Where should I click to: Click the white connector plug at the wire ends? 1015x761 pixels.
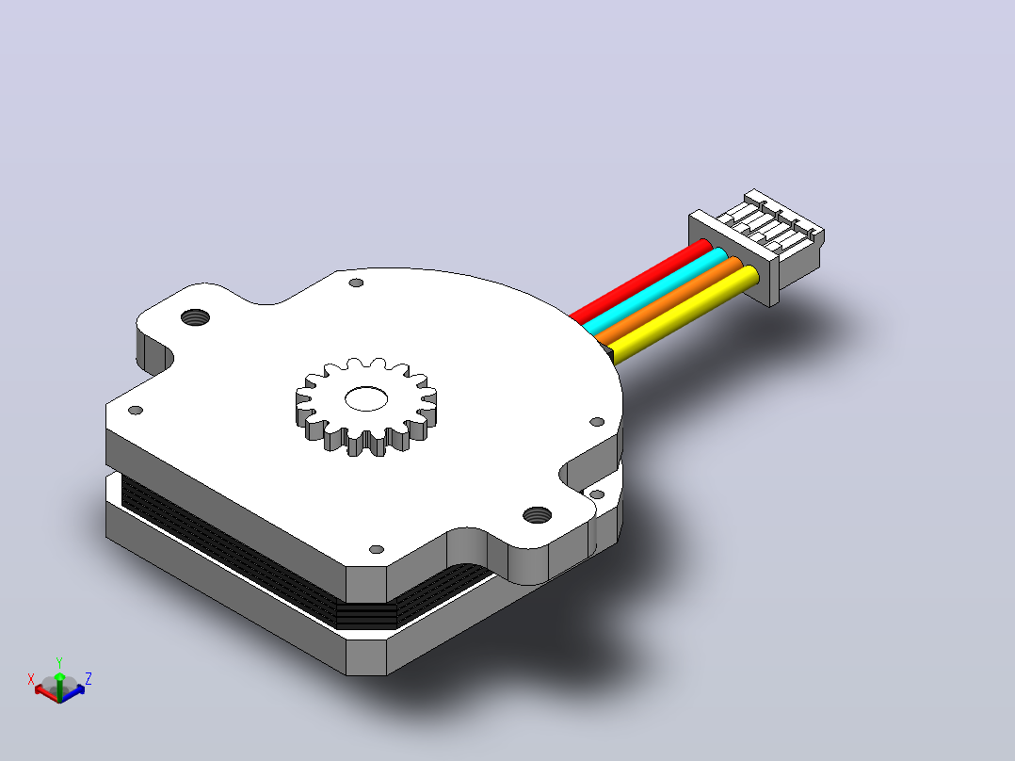(x=757, y=247)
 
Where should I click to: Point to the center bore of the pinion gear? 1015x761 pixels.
(x=366, y=399)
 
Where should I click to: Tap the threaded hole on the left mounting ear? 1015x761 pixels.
(x=196, y=318)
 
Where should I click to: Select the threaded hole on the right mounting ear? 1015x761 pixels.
(x=538, y=515)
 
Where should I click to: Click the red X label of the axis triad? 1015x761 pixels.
(x=30, y=679)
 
